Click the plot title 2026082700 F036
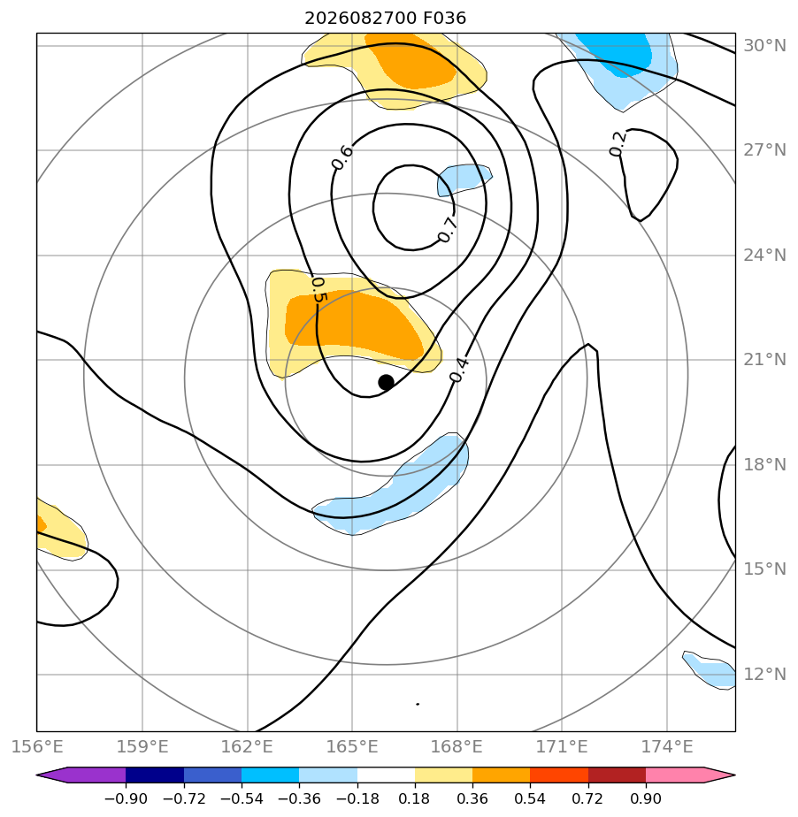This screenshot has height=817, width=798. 385,19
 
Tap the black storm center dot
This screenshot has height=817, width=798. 386,383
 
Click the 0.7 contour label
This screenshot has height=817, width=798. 447,230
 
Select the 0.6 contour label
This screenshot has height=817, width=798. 342,157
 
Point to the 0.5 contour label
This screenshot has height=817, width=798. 318,290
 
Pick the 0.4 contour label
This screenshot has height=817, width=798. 459,370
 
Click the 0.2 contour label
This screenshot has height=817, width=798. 618,143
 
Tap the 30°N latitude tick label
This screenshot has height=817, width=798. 764,46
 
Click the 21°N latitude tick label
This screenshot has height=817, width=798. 764,360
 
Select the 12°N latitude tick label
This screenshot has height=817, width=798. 764,675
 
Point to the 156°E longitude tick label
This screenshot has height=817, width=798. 37,746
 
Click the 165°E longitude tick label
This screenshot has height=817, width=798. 352,746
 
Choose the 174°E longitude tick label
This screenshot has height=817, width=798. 667,746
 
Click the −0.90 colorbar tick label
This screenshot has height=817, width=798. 126,798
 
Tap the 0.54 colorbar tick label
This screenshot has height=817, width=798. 530,798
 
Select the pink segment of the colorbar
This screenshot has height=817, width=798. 675,775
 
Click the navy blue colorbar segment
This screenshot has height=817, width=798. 155,775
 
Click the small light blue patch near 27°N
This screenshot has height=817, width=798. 464,179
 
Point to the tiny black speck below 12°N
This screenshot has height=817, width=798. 418,704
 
